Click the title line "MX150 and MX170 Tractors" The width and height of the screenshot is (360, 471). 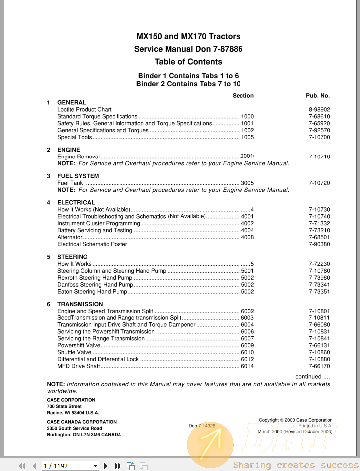(188, 36)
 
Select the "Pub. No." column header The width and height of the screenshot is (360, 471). (318, 95)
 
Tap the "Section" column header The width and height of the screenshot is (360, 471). (243, 95)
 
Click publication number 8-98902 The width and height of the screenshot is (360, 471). (319, 109)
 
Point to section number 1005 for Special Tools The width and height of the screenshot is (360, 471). (247, 137)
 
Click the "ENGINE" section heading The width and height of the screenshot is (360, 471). (69, 150)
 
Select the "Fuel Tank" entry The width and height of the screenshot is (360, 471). (70, 183)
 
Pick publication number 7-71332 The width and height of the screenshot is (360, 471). (319, 224)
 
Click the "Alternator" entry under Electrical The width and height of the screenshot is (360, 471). (70, 237)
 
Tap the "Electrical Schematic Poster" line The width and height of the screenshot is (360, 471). (92, 244)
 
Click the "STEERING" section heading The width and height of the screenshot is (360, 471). (72, 257)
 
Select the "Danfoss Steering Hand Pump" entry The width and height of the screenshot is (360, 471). (95, 285)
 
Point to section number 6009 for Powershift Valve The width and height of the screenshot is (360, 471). (247, 345)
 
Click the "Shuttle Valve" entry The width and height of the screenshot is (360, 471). (74, 352)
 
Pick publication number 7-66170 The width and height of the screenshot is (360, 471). (319, 366)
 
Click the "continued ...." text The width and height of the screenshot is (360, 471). (312, 377)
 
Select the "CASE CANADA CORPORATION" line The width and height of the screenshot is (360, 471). (82, 422)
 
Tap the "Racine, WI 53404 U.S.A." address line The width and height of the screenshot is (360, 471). (73, 413)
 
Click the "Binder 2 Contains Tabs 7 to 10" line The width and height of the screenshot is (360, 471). (188, 84)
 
